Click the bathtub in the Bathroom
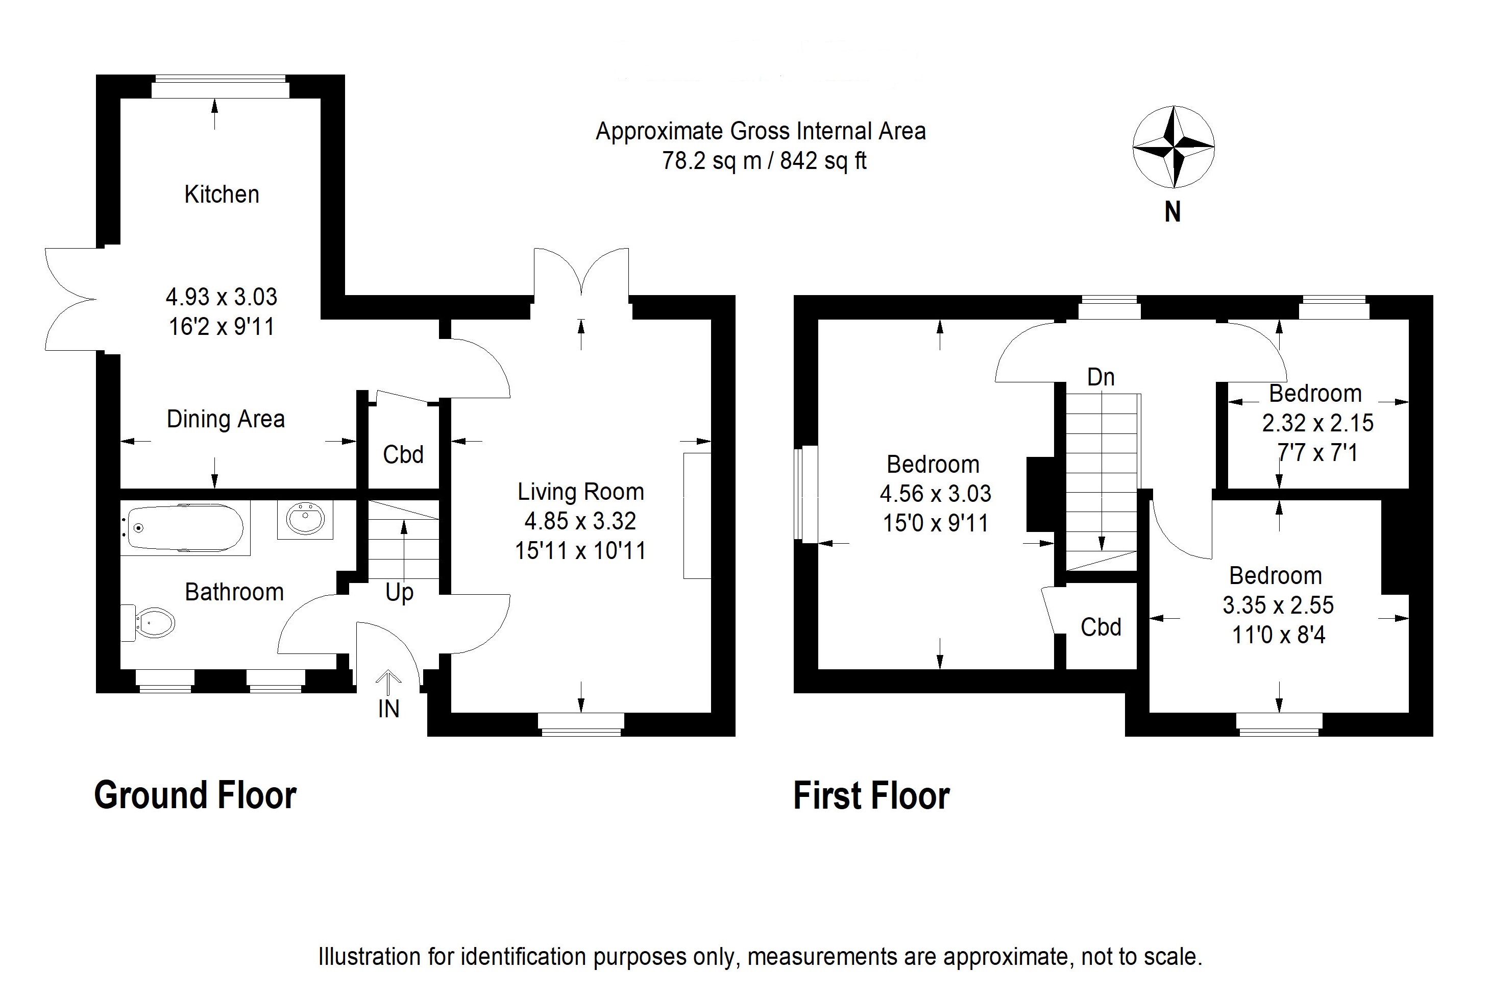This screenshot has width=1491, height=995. (x=185, y=527)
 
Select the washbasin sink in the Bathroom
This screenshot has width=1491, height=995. (x=305, y=520)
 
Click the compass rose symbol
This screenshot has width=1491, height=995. (x=1174, y=147)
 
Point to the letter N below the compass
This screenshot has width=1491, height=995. (x=1172, y=212)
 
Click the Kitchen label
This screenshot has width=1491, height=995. (x=222, y=194)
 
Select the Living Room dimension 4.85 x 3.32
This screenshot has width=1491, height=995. (x=580, y=521)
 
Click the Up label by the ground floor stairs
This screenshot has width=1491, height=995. (x=399, y=593)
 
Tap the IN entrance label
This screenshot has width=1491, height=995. (x=388, y=709)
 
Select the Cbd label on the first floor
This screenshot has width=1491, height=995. (x=1101, y=627)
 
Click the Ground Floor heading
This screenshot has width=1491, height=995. (x=195, y=795)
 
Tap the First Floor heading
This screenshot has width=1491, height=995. (x=872, y=795)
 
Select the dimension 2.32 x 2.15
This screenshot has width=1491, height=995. (x=1318, y=423)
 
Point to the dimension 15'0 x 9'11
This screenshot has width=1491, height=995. (x=936, y=523)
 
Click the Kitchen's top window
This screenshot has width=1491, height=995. (x=220, y=86)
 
